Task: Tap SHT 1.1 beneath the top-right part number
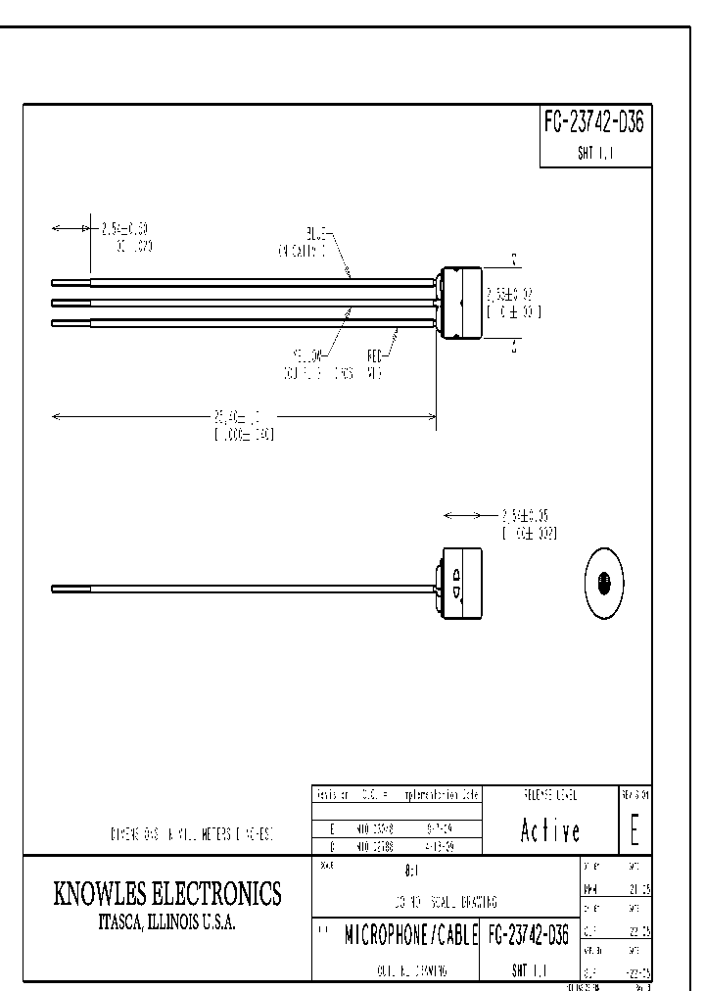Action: pyautogui.click(x=594, y=155)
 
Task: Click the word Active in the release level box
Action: pyautogui.click(x=549, y=831)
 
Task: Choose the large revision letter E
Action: pyautogui.click(x=634, y=830)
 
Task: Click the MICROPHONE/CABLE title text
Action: pyautogui.click(x=409, y=936)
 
